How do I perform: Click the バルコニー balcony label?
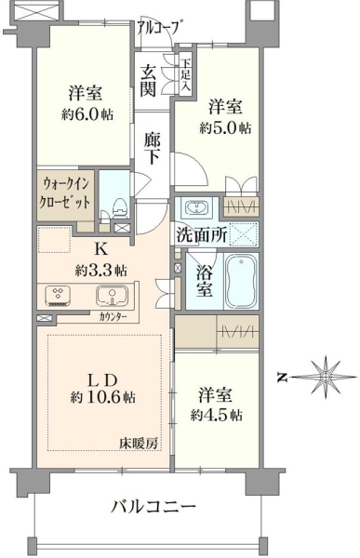pos(153,507)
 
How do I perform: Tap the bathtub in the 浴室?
pos(240,281)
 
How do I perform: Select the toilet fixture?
pos(119,209)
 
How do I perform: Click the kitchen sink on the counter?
pos(112,296)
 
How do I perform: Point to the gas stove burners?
pos(58,296)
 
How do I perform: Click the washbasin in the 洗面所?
pos(196,206)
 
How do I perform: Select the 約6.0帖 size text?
pos(87,114)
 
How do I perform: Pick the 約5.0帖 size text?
pos(225,127)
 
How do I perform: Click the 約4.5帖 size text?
pos(217,415)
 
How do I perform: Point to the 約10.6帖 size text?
pos(103,397)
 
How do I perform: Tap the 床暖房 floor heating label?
pos(139,444)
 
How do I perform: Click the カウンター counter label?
pos(113,316)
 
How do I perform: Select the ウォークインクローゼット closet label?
pos(66,193)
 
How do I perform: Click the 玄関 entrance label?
pos(147,80)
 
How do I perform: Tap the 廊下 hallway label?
pos(152,148)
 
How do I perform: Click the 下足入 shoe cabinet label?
pos(186,76)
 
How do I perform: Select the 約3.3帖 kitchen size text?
pos(100,271)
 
